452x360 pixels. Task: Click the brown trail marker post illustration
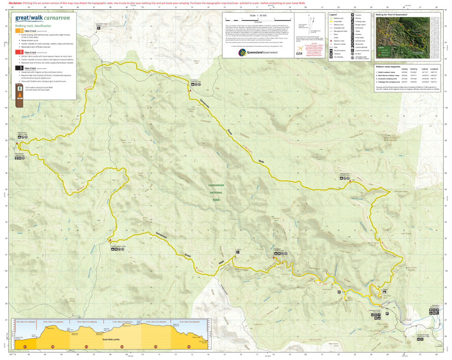point(20,95)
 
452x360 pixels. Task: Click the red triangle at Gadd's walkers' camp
point(109,240)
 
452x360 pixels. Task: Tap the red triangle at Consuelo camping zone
point(190,90)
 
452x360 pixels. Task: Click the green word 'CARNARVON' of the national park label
point(216,185)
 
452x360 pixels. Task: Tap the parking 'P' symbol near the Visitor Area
point(387,313)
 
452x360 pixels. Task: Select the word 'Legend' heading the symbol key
point(334,15)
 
